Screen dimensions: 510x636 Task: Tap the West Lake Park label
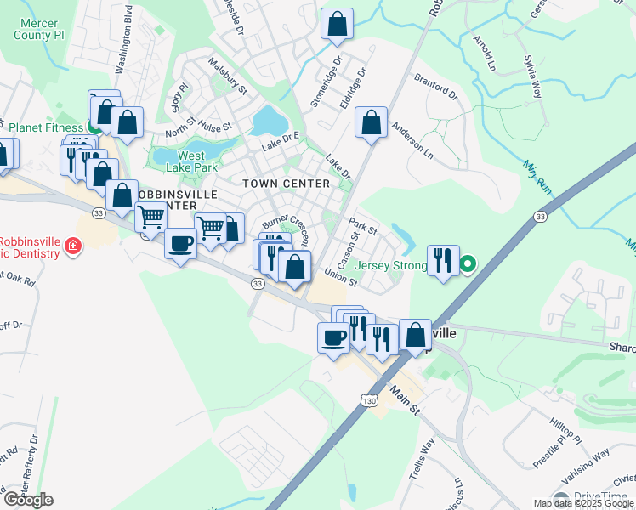click(x=191, y=161)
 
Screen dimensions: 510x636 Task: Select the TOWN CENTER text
click(x=286, y=184)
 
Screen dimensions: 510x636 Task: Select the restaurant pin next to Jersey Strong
click(x=442, y=260)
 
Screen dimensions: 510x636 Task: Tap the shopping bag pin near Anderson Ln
click(x=371, y=122)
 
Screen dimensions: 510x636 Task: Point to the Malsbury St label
click(x=227, y=76)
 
